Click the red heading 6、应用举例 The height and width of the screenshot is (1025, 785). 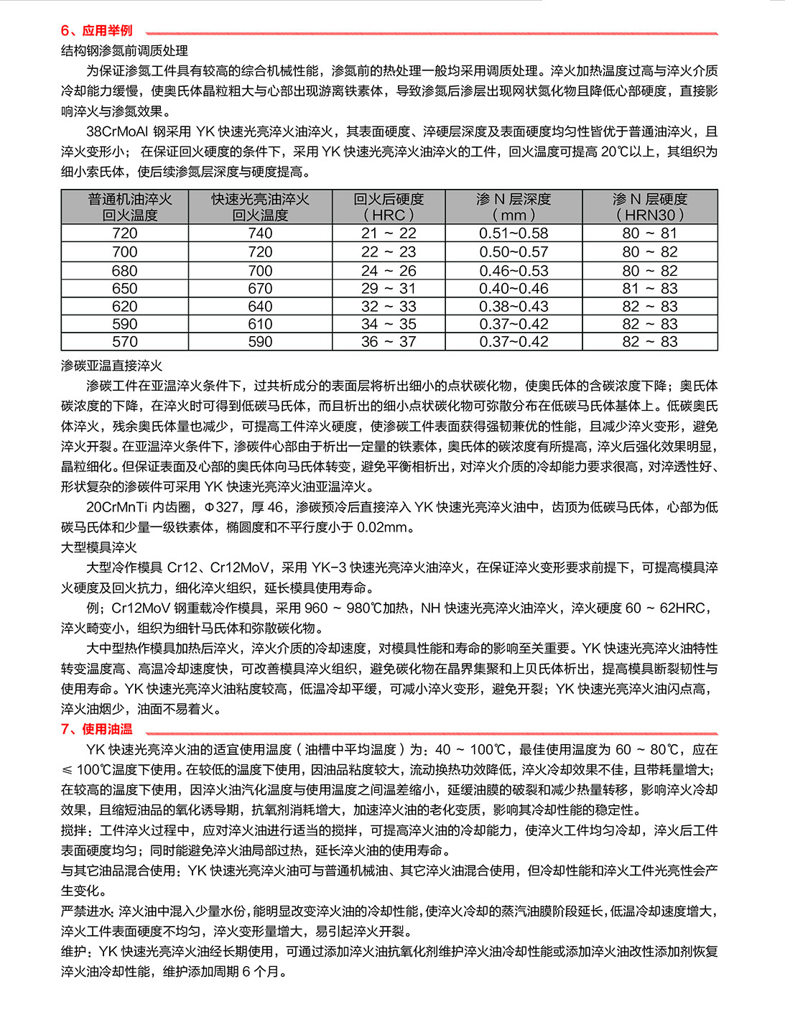pyautogui.click(x=97, y=30)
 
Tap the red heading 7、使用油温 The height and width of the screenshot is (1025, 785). pyautogui.click(x=97, y=729)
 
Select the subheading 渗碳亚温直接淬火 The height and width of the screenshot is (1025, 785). pyautogui.click(x=112, y=366)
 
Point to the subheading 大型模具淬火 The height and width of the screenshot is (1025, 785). pyautogui.click(x=99, y=547)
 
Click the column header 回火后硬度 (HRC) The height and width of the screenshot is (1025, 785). pyautogui.click(x=389, y=207)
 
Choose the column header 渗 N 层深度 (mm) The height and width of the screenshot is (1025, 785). pyautogui.click(x=514, y=207)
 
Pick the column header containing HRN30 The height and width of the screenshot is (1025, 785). pyautogui.click(x=650, y=207)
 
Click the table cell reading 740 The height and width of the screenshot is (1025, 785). pyautogui.click(x=260, y=233)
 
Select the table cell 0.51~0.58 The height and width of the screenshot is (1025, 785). pyautogui.click(x=514, y=233)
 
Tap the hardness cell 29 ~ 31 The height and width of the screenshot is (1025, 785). pyautogui.click(x=389, y=289)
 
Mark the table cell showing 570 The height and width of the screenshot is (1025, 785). pyautogui.click(x=124, y=342)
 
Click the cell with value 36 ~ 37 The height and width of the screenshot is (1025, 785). pyautogui.click(x=389, y=342)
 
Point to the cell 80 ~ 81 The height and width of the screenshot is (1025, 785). pyautogui.click(x=650, y=233)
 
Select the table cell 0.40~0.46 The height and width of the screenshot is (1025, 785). pyautogui.click(x=514, y=289)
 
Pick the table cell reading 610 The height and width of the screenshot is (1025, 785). pyautogui.click(x=260, y=324)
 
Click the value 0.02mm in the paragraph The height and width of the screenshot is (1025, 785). pyautogui.click(x=385, y=527)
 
